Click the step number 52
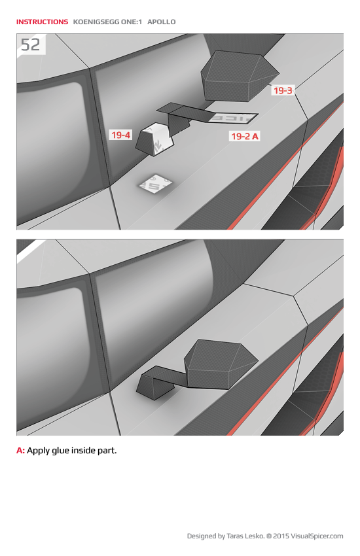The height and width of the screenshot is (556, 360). click(x=30, y=44)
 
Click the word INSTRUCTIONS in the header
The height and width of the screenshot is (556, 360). click(x=42, y=22)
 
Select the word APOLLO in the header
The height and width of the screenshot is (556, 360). click(x=162, y=22)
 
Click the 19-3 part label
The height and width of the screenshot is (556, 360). click(x=283, y=91)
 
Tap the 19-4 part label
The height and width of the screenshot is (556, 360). click(x=120, y=135)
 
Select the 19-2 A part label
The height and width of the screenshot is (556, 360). click(x=245, y=136)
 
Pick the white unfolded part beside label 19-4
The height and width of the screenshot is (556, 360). click(x=155, y=139)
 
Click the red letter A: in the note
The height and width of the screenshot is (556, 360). click(x=20, y=451)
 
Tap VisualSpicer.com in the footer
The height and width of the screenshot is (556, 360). click(x=317, y=536)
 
